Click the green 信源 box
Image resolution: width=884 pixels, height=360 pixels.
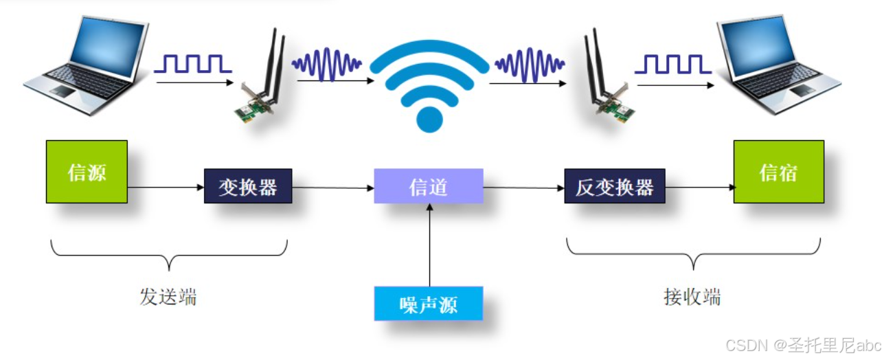87,172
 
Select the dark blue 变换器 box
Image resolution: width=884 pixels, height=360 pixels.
248,186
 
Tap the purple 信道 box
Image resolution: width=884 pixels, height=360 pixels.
429,186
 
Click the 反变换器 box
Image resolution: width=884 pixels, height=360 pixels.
615,186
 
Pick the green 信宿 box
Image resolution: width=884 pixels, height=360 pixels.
778,172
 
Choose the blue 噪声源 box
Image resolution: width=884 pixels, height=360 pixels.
429,304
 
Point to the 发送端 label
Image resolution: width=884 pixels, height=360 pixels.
168,297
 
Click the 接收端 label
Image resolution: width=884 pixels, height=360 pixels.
692,297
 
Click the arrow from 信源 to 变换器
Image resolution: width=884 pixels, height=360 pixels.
166,187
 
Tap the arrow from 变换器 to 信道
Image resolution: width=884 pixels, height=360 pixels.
333,188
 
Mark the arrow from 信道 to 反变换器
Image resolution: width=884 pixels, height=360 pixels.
524,188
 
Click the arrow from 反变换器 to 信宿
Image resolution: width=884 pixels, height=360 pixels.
699,187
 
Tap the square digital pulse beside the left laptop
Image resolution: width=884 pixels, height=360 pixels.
192,64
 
